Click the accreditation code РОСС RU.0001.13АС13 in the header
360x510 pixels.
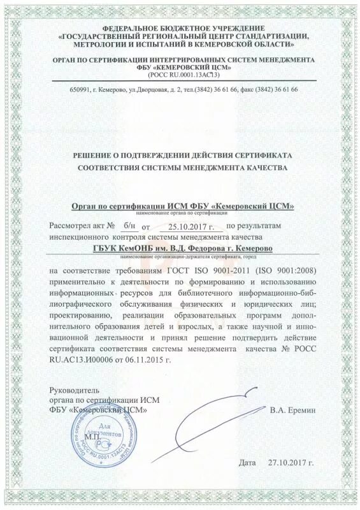[180, 75]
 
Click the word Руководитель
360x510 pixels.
[75, 390]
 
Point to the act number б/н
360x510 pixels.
[129, 226]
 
